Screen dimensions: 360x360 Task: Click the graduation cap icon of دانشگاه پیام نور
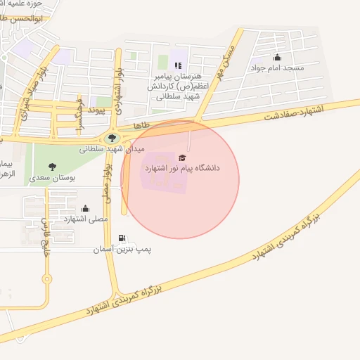coord(183,157)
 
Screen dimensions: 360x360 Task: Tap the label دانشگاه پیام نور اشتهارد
coord(183,169)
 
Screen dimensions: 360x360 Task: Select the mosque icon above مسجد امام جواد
coord(277,58)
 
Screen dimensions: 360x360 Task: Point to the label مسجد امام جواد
coord(278,68)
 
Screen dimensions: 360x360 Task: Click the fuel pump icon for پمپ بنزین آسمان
coord(123,238)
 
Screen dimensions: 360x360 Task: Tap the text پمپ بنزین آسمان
coord(123,250)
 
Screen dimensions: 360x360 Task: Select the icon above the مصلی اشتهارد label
coord(86,208)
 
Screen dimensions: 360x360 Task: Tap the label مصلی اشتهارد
coord(86,219)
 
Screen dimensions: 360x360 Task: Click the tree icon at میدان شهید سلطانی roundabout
coord(112,138)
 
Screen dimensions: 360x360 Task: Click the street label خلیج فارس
coord(44,238)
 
